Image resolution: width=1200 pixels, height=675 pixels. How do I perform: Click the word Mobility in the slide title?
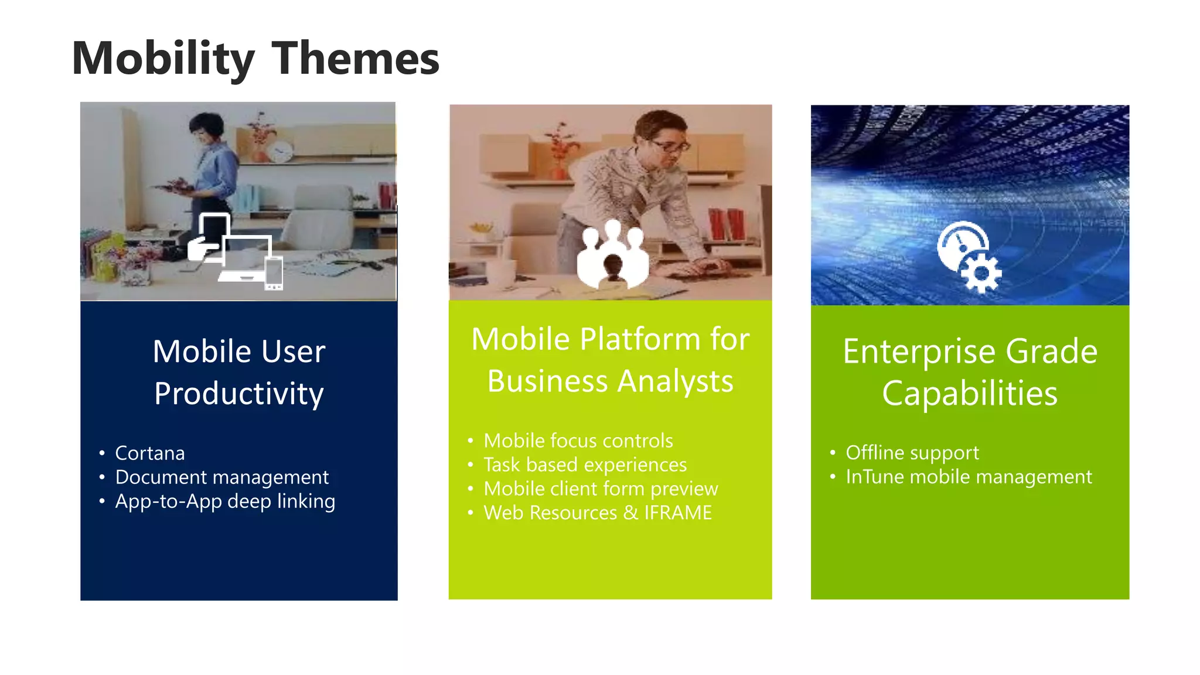(x=163, y=59)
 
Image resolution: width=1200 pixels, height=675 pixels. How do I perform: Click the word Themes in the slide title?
(x=356, y=59)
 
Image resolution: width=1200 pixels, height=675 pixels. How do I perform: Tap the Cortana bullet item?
(x=149, y=453)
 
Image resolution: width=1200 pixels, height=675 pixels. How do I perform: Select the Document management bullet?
(x=221, y=477)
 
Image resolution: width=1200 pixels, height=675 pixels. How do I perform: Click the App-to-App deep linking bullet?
(x=225, y=501)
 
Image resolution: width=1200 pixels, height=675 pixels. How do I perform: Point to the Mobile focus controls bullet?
(x=578, y=441)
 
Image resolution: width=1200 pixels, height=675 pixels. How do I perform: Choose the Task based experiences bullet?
(x=585, y=465)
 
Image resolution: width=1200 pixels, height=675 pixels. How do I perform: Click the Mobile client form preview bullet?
(x=601, y=489)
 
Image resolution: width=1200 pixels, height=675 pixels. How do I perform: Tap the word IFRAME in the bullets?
(x=678, y=513)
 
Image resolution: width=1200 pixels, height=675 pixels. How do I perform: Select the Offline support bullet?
(x=912, y=452)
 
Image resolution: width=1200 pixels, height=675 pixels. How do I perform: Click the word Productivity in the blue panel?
(x=238, y=394)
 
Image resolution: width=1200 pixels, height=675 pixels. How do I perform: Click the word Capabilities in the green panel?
(x=970, y=393)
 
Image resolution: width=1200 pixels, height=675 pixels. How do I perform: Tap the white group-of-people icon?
(x=612, y=255)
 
